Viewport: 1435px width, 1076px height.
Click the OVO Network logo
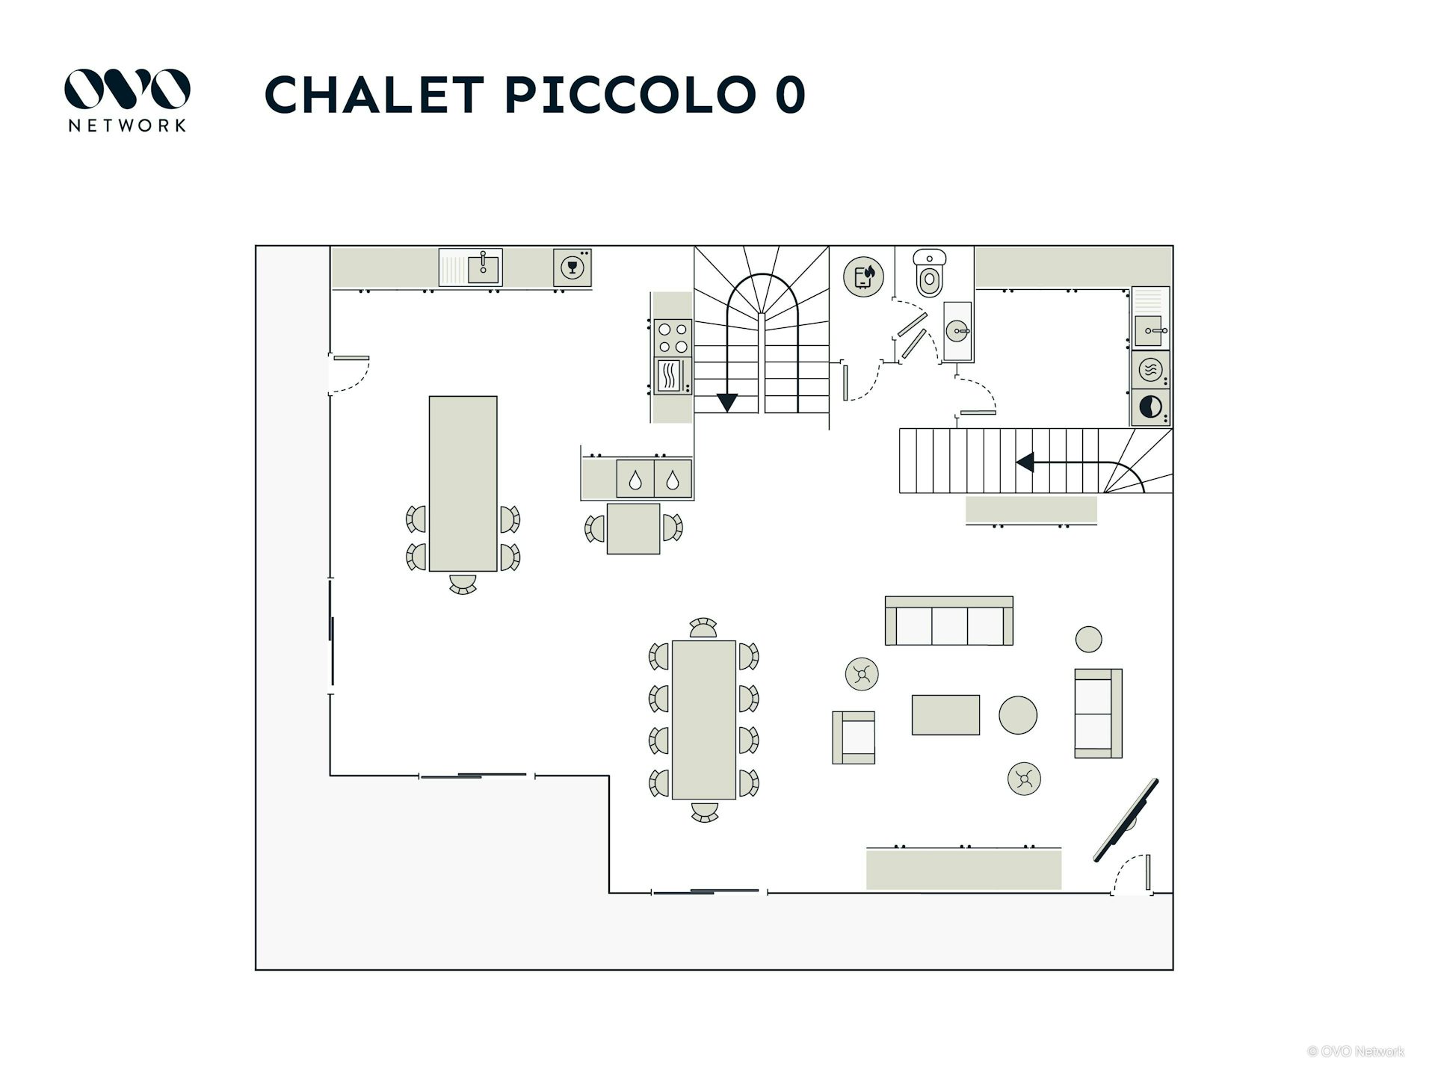pyautogui.click(x=126, y=99)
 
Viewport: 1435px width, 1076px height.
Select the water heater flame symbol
pyautogui.click(x=863, y=276)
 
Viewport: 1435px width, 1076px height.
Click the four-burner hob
pyautogui.click(x=672, y=337)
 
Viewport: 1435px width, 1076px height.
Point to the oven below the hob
pyautogui.click(x=672, y=375)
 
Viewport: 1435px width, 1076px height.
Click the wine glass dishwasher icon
pyautogui.click(x=573, y=268)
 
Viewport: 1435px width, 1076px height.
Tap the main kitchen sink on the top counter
pyautogui.click(x=482, y=267)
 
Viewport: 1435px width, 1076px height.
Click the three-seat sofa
pyautogui.click(x=948, y=622)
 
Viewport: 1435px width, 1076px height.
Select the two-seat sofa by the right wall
pyautogui.click(x=1097, y=713)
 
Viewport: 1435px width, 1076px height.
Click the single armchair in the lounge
pyautogui.click(x=854, y=737)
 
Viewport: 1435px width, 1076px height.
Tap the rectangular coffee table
pyautogui.click(x=945, y=714)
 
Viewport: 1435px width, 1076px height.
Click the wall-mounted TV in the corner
pyautogui.click(x=1126, y=820)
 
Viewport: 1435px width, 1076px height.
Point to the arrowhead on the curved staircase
pyautogui.click(x=726, y=403)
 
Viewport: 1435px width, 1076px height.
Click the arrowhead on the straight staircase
pyautogui.click(x=1025, y=463)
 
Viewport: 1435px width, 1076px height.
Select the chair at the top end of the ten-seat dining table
pyautogui.click(x=703, y=628)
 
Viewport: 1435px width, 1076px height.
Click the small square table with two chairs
pyautogui.click(x=633, y=528)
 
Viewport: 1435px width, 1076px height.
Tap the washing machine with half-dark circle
pyautogui.click(x=1151, y=407)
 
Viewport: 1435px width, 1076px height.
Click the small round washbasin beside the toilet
pyautogui.click(x=957, y=330)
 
